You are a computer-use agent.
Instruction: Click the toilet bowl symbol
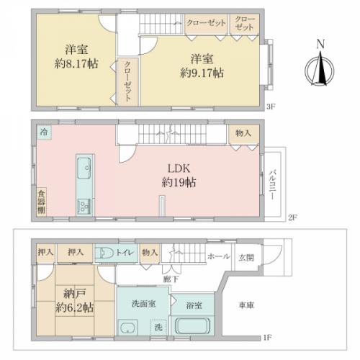point(107,253)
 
